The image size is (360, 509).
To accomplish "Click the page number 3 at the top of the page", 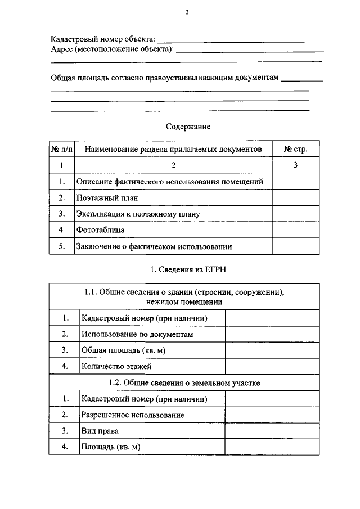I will (186, 12).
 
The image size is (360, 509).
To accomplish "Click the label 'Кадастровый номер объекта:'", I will (103, 39).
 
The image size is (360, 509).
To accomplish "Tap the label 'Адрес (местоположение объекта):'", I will (112, 49).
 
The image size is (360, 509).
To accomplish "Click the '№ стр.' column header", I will (295, 149).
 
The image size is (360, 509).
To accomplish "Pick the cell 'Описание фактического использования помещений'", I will (170, 181).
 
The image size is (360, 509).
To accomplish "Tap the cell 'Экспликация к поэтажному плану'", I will (138, 214).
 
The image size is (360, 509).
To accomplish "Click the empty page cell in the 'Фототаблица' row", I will (295, 230).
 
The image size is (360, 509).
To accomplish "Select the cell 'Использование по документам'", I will (137, 334).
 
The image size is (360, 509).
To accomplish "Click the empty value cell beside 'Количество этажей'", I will (272, 366).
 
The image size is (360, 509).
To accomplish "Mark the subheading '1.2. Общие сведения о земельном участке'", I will (188, 382).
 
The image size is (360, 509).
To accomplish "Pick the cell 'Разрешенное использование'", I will (133, 415).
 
